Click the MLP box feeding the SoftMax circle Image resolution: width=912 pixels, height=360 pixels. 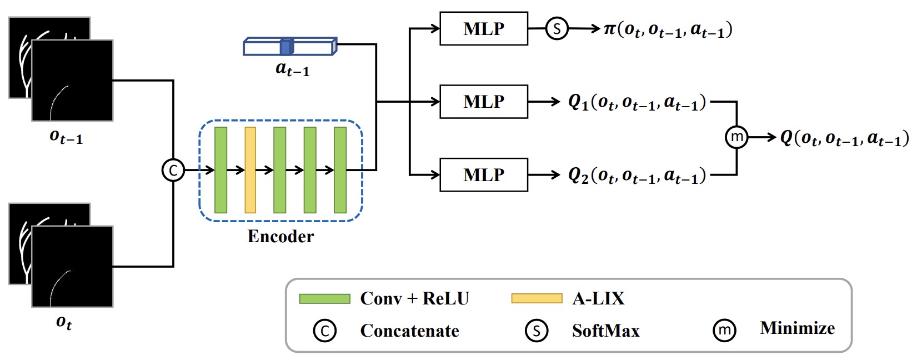(x=483, y=28)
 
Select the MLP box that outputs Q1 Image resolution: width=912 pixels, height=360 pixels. (x=483, y=102)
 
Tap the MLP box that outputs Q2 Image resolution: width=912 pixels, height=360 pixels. (x=483, y=175)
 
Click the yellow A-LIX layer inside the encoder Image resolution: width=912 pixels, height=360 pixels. (x=250, y=169)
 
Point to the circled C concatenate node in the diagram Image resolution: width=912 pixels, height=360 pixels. (x=173, y=170)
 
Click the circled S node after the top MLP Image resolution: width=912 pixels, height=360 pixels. (x=557, y=28)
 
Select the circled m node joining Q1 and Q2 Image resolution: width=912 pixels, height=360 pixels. (x=736, y=137)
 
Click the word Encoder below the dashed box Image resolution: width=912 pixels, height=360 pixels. (x=280, y=237)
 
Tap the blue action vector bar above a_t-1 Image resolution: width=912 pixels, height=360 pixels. (x=289, y=47)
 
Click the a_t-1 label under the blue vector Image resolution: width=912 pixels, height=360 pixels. (x=292, y=69)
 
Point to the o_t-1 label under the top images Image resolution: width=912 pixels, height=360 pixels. (x=66, y=137)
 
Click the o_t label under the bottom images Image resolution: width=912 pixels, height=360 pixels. (x=64, y=322)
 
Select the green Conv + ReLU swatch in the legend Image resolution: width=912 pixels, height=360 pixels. (x=324, y=299)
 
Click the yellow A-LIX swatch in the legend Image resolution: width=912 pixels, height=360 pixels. (x=537, y=299)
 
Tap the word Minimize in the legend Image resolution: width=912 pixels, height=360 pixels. (x=797, y=328)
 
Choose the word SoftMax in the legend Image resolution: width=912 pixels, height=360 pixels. (x=605, y=331)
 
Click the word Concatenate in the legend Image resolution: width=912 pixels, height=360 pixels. (x=409, y=331)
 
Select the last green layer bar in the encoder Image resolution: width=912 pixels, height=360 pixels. (x=340, y=169)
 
